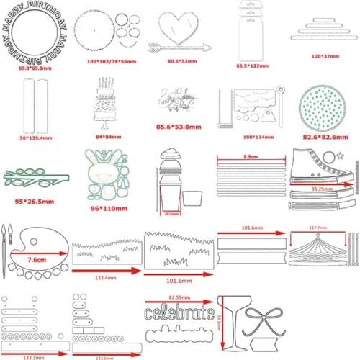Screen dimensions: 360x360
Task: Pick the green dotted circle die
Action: tap(320, 105)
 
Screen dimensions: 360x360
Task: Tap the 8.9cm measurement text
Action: tap(250, 155)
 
